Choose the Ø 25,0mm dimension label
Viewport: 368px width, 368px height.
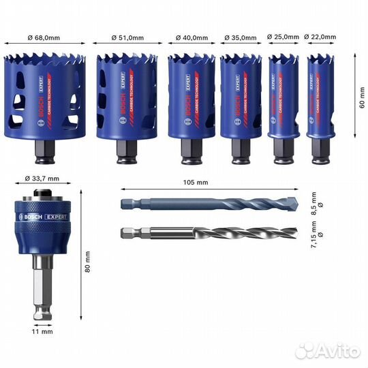[283, 38]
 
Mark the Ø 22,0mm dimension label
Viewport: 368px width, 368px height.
[320, 38]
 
